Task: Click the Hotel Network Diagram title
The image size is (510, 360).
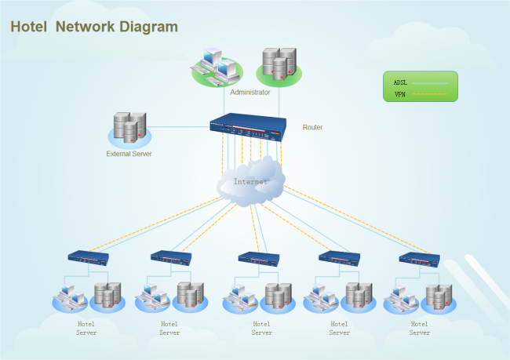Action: [94, 27]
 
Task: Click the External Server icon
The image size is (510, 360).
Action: [129, 129]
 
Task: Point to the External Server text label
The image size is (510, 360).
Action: [129, 154]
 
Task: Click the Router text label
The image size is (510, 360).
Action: [312, 127]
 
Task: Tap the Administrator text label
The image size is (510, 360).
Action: [250, 93]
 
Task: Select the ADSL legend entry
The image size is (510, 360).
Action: [420, 82]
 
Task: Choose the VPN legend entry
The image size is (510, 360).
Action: [420, 95]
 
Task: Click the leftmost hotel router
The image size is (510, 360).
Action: [87, 256]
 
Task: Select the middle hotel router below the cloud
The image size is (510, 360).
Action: [258, 257]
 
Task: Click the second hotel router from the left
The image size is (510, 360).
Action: [171, 256]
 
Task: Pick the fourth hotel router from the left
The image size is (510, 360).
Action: [339, 257]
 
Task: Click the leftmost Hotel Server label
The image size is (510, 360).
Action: [86, 328]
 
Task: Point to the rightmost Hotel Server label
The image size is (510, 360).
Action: [420, 328]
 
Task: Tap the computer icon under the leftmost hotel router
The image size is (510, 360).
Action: [71, 297]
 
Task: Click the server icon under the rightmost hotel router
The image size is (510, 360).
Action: [437, 297]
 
